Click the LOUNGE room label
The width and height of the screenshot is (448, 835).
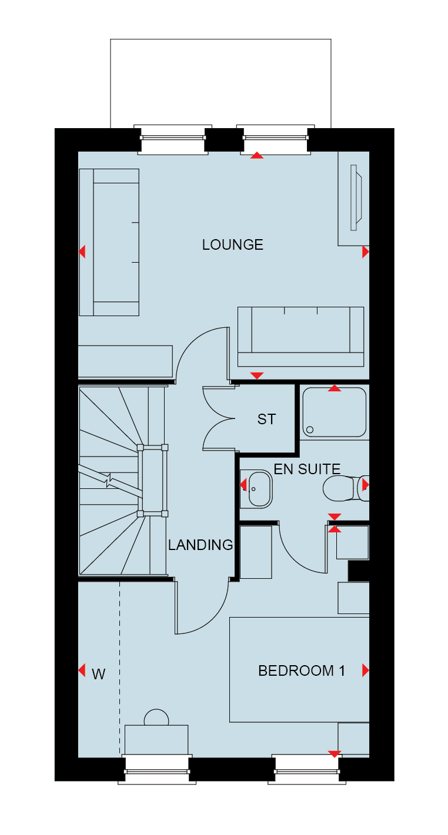point(232,245)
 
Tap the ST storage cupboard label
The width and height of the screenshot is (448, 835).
point(266,420)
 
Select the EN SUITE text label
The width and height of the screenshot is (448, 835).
point(307,469)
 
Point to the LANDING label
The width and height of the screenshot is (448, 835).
point(200,545)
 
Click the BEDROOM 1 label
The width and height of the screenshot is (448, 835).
point(302,670)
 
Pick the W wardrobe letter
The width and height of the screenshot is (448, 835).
point(99,674)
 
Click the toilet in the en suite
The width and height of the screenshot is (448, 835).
point(346,488)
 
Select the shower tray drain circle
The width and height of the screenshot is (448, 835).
point(310,430)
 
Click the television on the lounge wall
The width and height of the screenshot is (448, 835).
point(356,197)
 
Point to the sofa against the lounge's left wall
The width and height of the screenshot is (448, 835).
point(109,242)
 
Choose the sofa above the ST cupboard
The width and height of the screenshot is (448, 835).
point(300,337)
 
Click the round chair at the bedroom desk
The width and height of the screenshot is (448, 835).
point(156,717)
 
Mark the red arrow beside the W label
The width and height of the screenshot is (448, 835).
point(82,670)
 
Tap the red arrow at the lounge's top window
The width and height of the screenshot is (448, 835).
point(257,156)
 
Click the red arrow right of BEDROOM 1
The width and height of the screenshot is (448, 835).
point(366,670)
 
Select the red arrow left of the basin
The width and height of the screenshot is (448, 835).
point(243,485)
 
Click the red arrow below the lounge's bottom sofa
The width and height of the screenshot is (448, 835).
point(257,375)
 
